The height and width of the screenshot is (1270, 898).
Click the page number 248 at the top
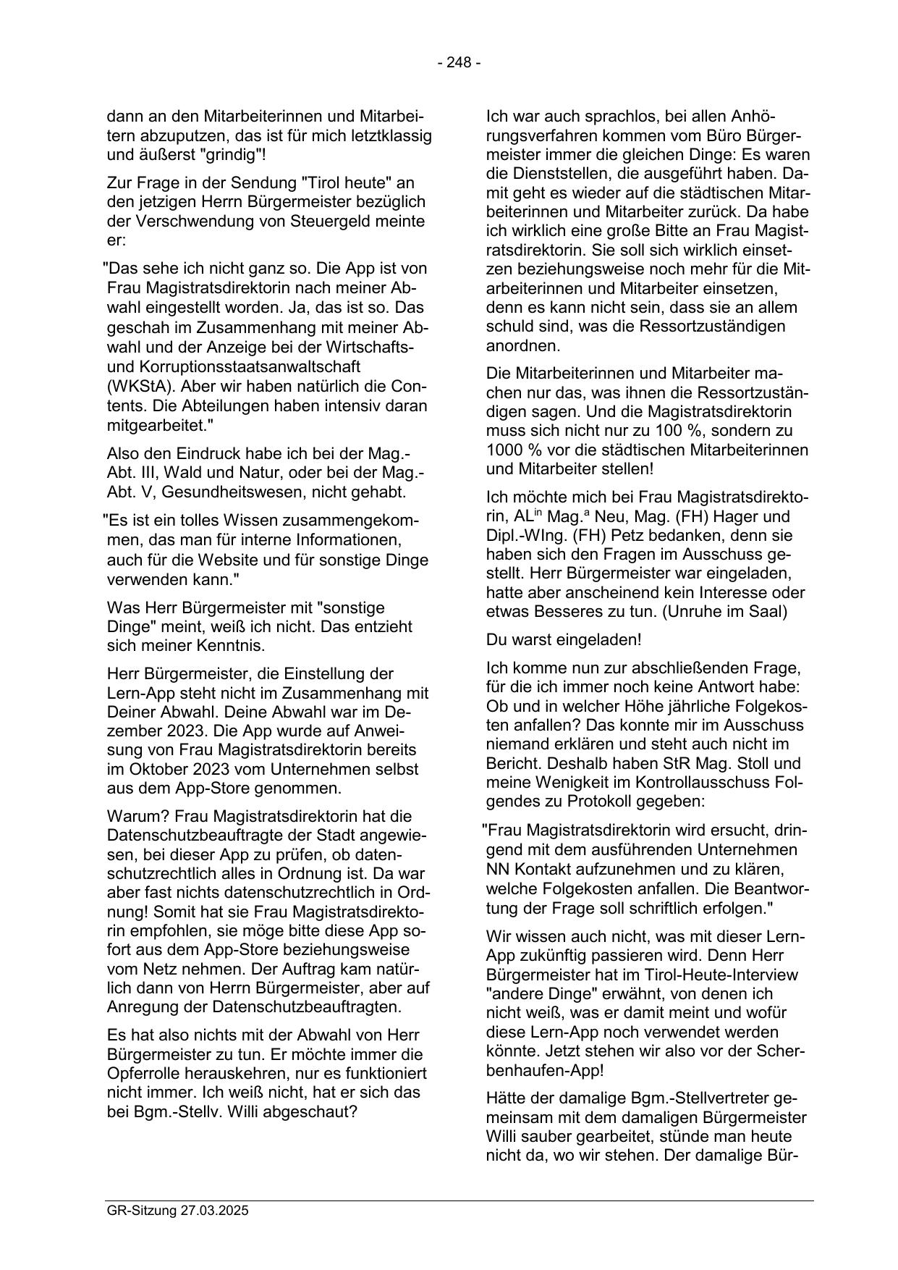459,63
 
